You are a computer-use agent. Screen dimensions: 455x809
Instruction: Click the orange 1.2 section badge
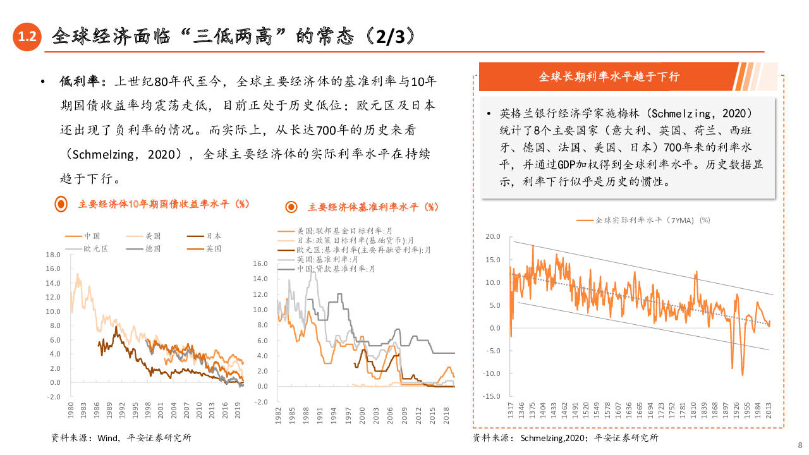(x=27, y=37)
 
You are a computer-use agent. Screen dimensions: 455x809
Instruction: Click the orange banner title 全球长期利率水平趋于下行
(x=609, y=77)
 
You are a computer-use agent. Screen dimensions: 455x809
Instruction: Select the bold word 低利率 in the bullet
(x=80, y=82)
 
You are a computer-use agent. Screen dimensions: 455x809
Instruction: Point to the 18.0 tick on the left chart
(x=53, y=255)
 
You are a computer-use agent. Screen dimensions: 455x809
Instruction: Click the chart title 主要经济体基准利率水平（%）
(x=373, y=207)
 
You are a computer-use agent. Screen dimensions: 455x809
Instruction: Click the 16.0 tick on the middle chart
(x=260, y=264)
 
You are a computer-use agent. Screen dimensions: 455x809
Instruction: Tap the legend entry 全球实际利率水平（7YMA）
(x=644, y=220)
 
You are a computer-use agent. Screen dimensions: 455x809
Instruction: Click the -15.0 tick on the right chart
(x=492, y=396)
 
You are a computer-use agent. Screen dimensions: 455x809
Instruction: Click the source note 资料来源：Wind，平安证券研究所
(x=121, y=437)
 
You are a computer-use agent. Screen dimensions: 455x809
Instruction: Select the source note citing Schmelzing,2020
(x=565, y=437)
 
